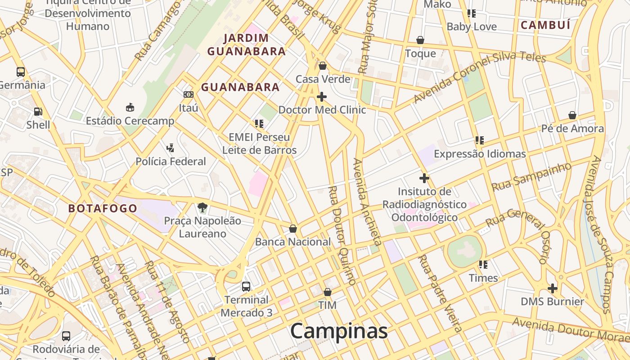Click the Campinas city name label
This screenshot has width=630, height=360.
click(x=338, y=331)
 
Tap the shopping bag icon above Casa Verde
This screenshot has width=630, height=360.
click(x=322, y=66)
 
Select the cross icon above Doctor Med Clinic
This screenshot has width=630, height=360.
click(x=322, y=97)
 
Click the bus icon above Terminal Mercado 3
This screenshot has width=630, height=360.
click(x=246, y=287)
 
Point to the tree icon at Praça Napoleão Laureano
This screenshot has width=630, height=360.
click(x=202, y=207)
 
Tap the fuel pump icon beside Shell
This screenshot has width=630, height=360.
click(x=38, y=111)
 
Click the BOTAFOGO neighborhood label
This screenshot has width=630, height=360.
click(x=103, y=208)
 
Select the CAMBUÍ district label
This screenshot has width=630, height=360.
click(x=545, y=25)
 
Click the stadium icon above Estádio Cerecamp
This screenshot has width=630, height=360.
click(x=130, y=107)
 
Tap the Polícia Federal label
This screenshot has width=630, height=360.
click(x=171, y=161)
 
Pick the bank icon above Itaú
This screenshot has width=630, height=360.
click(x=189, y=94)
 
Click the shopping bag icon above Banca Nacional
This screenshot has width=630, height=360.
click(x=293, y=229)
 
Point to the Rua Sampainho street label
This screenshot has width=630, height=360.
click(x=531, y=177)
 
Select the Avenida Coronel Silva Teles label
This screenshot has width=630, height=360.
click(x=479, y=77)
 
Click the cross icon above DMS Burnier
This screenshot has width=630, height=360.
click(x=553, y=288)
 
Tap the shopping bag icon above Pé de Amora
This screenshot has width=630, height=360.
click(x=572, y=115)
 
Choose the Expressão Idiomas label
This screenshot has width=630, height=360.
click(x=480, y=154)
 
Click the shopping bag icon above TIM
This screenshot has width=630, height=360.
click(x=327, y=292)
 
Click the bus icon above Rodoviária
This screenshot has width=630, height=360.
click(x=66, y=336)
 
